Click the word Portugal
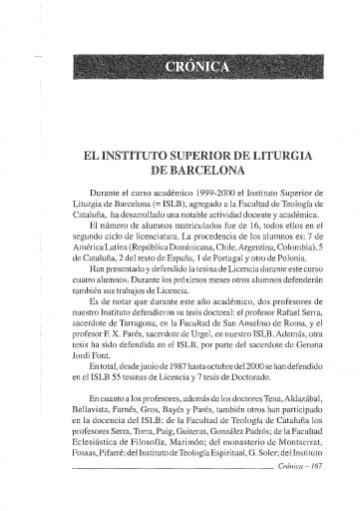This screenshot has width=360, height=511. click(x=216, y=258)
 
